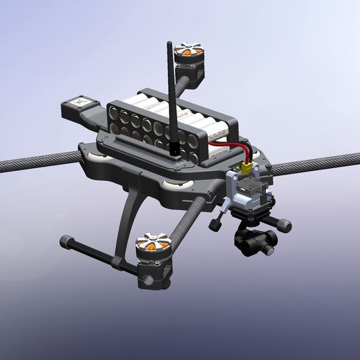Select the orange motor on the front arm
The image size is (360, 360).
pyautogui.click(x=152, y=246)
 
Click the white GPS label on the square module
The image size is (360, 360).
pyautogui.click(x=80, y=103)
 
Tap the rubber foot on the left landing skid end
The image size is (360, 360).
pyautogui.click(x=66, y=241)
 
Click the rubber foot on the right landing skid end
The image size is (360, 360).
pyautogui.click(x=285, y=225)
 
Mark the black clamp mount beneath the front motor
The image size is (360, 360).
pyautogui.click(x=153, y=273)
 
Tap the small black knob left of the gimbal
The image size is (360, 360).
pyautogui.click(x=215, y=224)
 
